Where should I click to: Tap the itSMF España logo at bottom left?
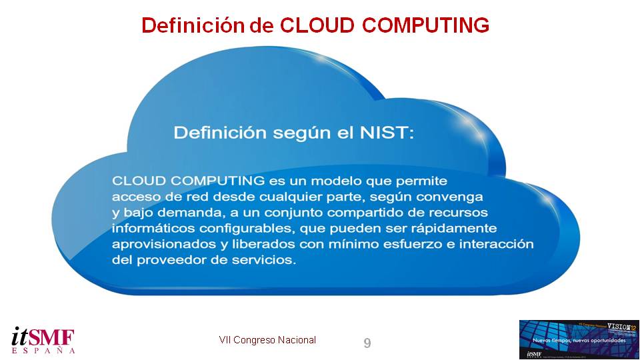tap(43, 339)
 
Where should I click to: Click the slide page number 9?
tap(367, 343)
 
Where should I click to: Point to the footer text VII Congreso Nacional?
tap(267, 340)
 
